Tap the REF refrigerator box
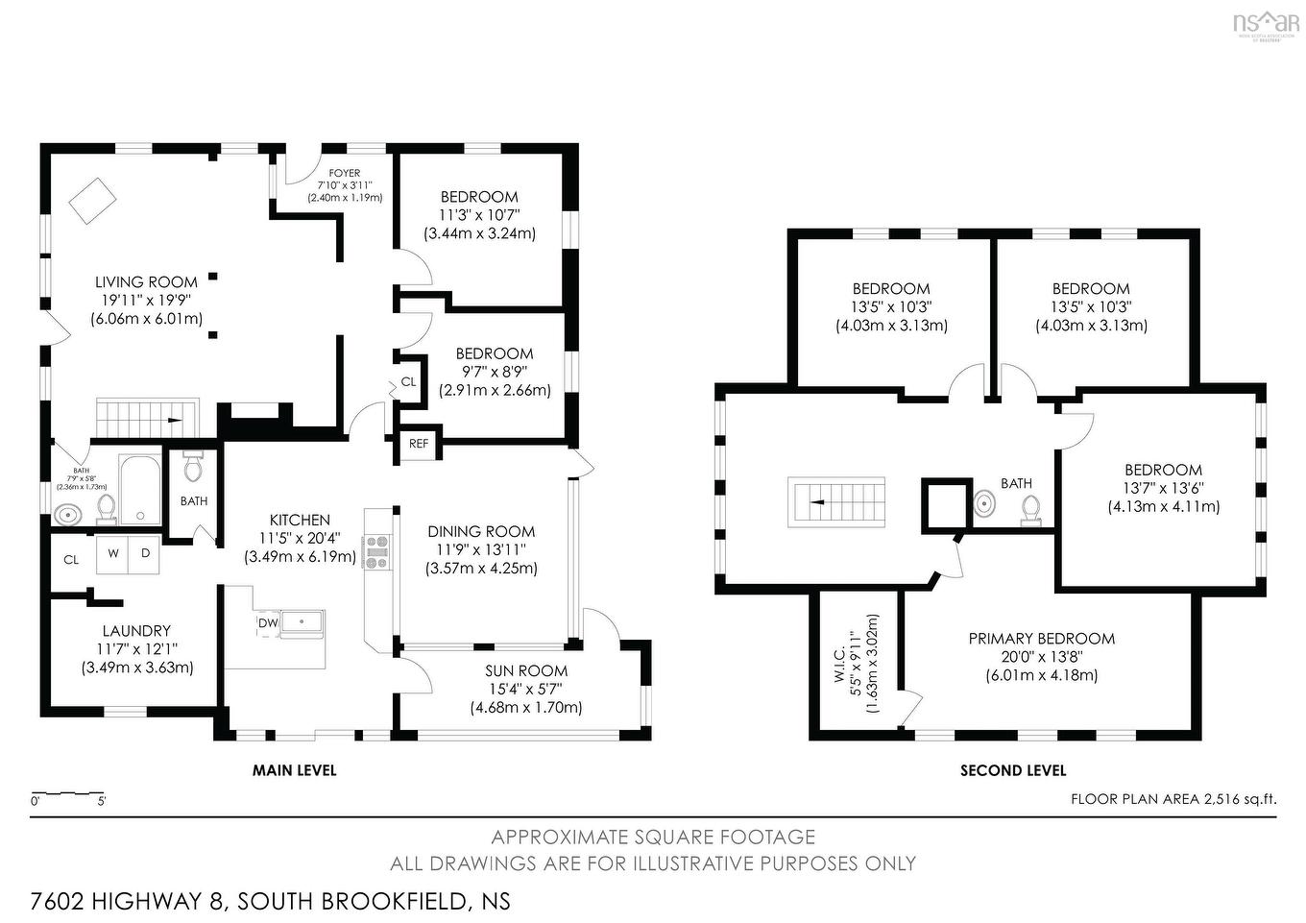419,444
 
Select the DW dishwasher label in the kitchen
267,622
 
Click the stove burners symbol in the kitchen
375,552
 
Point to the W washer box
113,553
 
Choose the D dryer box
145,553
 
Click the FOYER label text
345,174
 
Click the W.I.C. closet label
839,663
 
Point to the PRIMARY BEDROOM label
1041,639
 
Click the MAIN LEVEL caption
294,770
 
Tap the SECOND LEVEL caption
1013,770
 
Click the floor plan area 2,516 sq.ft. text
1173,798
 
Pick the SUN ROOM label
525,670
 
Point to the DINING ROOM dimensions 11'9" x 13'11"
481,549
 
